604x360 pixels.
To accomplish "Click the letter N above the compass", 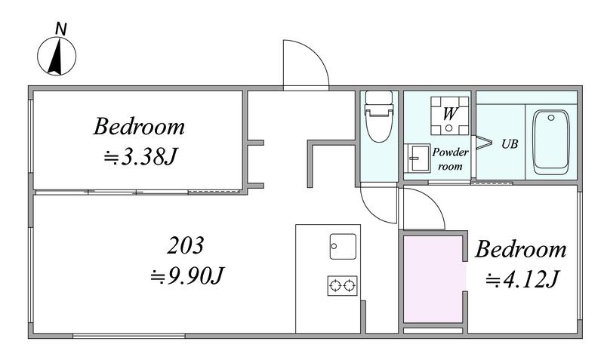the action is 61,29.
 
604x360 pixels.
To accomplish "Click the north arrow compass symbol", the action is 57,56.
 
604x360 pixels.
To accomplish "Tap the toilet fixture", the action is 379,116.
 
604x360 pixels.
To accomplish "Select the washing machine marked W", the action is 449,115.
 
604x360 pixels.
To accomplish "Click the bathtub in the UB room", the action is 551,142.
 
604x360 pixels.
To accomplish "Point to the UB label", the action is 509,144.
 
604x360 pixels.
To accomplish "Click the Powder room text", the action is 450,159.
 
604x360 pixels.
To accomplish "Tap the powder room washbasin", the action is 417,158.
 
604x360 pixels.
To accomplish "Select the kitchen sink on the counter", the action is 343,247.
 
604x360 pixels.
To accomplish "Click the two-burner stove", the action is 343,286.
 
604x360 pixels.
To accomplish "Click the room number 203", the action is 185,245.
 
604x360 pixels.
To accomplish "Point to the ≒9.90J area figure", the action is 187,275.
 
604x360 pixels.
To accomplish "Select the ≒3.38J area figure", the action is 140,157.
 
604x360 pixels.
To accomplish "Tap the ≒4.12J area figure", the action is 522,280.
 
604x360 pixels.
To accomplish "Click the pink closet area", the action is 433,279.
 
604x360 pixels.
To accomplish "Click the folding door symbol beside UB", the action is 483,143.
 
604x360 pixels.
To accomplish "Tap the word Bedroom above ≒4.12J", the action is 521,249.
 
